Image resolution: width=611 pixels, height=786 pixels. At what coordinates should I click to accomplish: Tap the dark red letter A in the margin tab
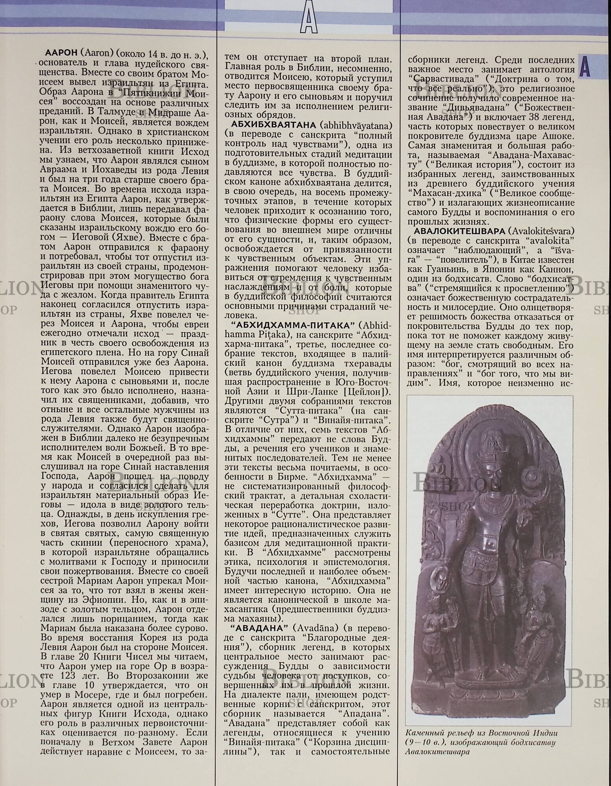[x=585, y=67]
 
